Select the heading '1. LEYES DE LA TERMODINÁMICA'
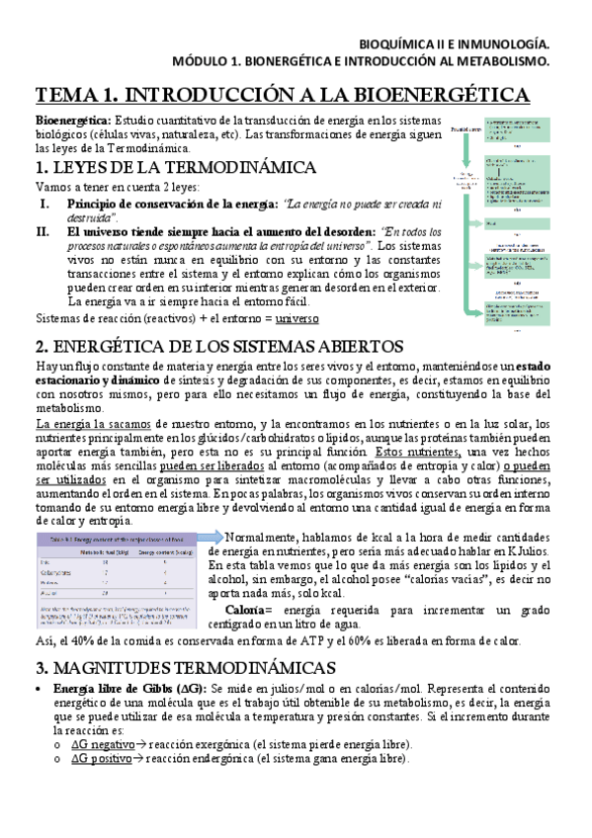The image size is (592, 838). point(176,166)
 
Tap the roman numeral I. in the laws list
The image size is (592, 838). point(44,203)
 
